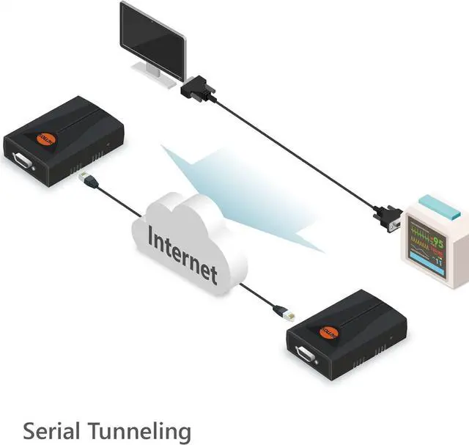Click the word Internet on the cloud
(182, 253)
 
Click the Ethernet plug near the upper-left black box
(86, 177)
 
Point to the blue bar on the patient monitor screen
(422, 257)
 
